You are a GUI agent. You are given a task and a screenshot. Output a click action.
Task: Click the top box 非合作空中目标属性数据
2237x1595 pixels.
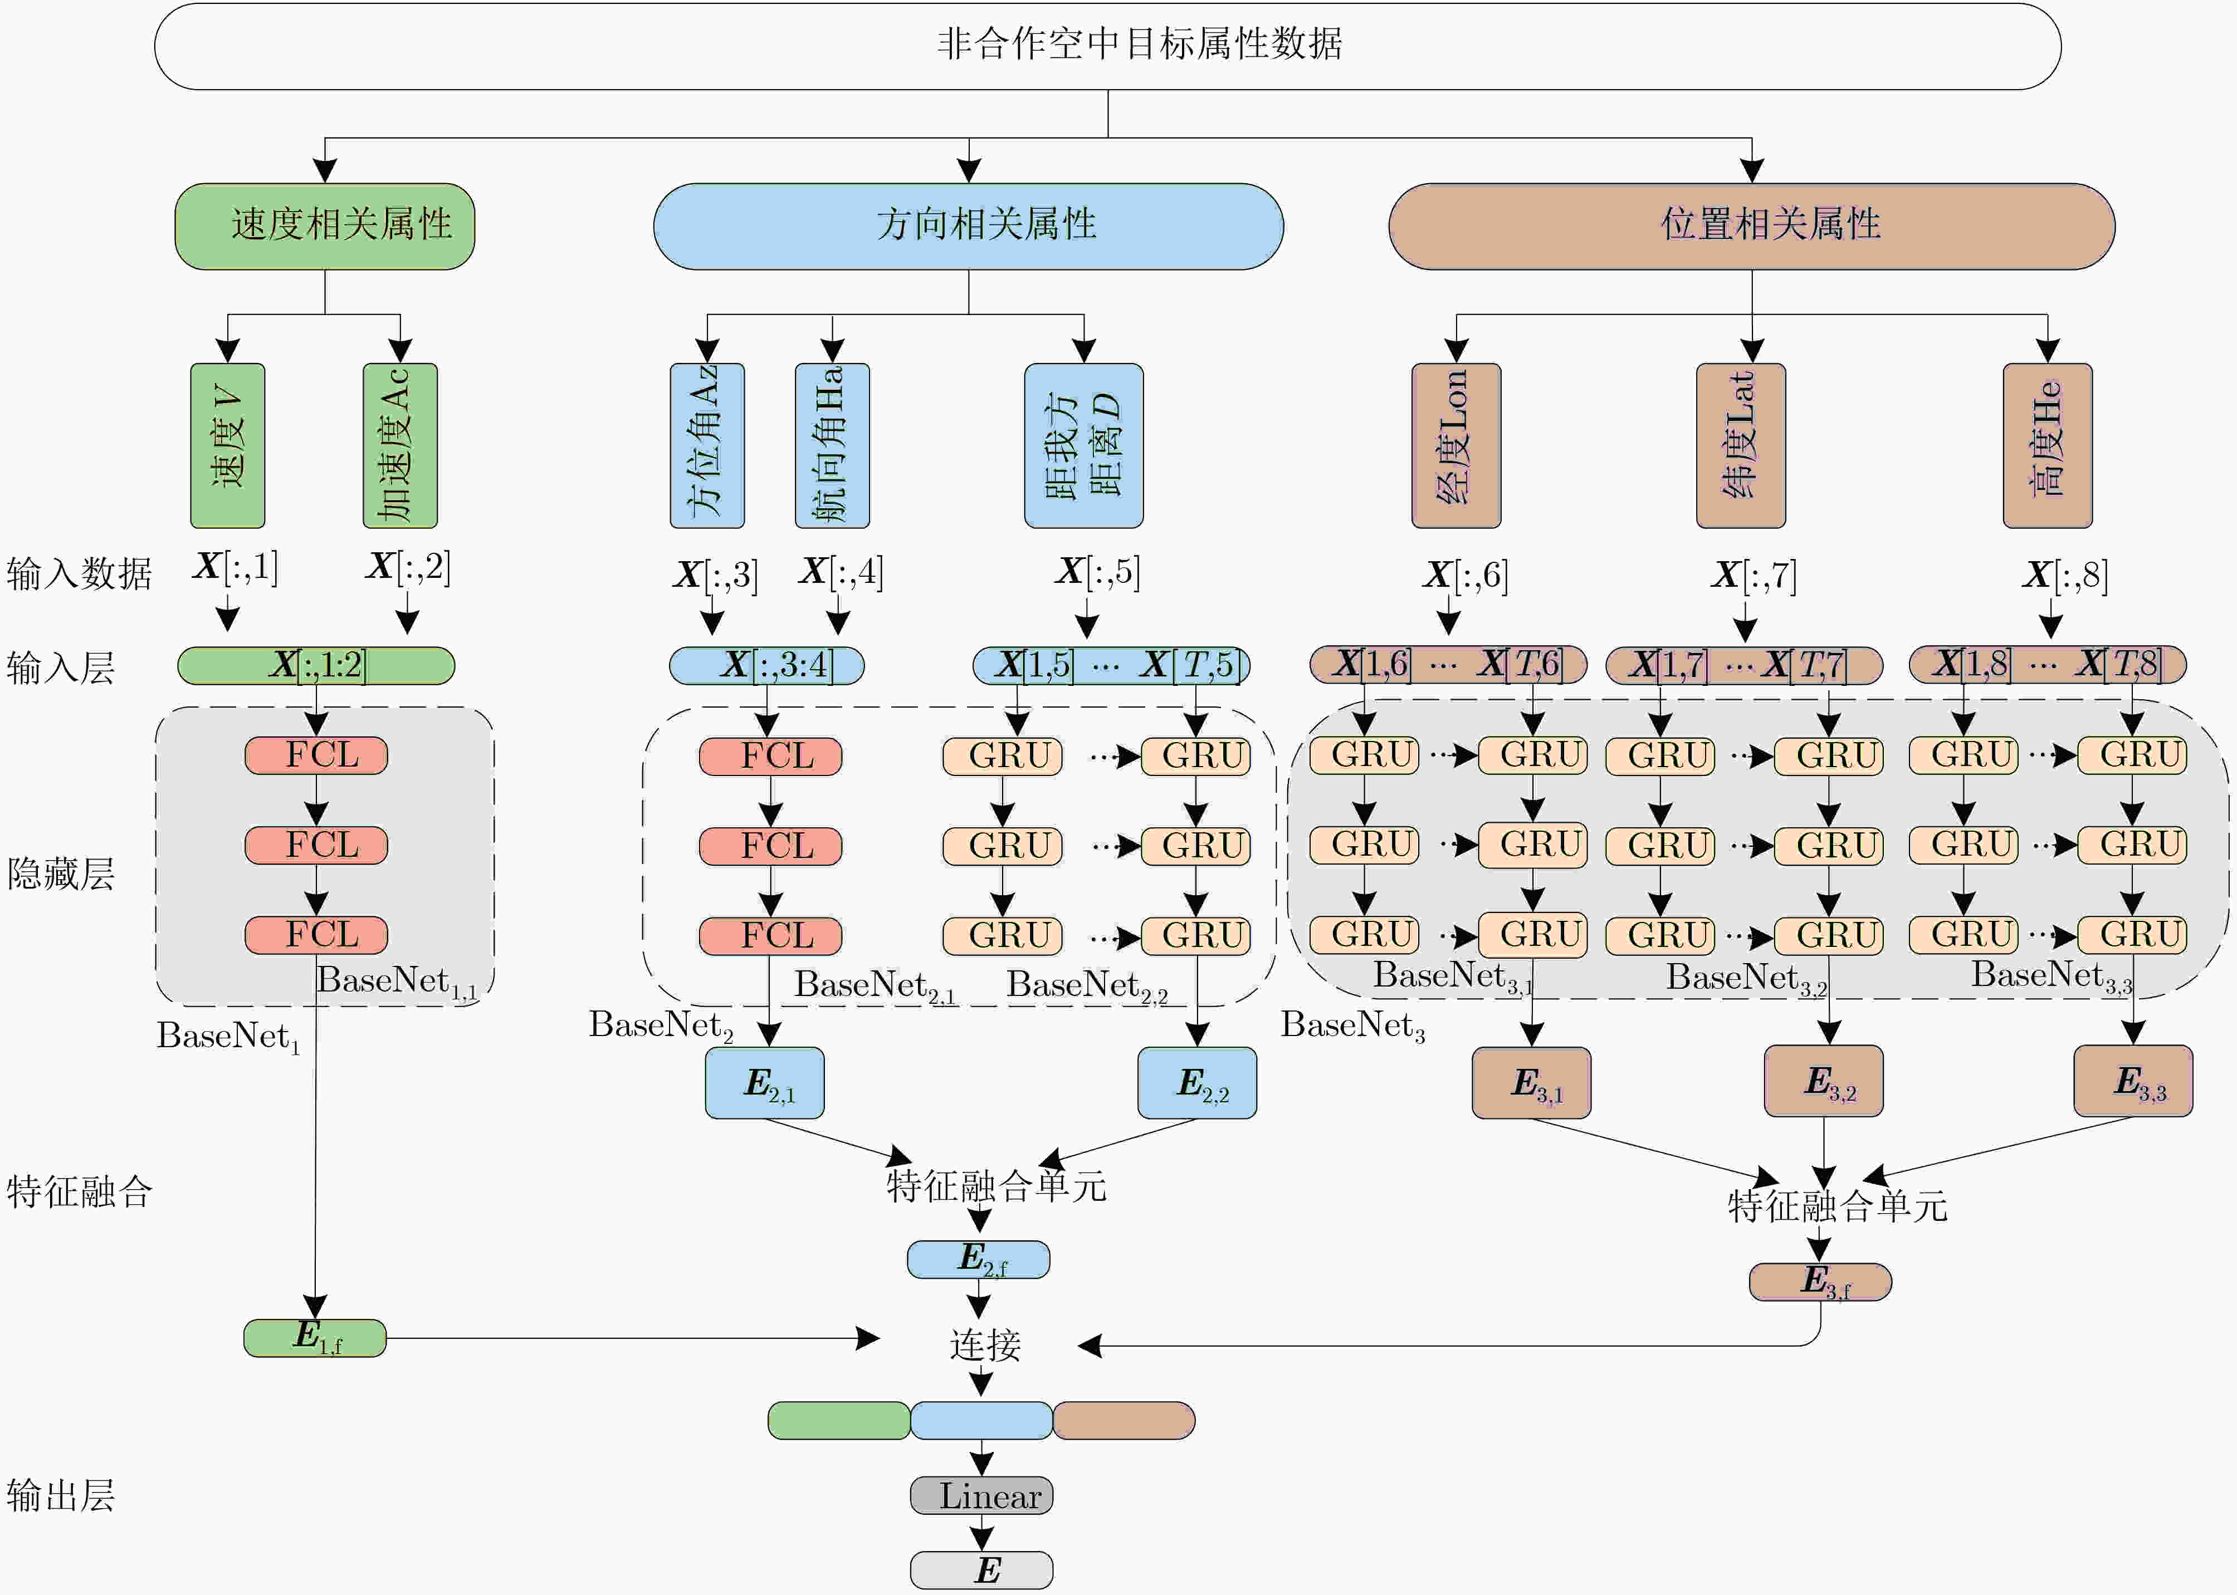click(x=1107, y=46)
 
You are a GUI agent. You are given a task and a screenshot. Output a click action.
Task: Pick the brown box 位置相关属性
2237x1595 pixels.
click(x=1752, y=226)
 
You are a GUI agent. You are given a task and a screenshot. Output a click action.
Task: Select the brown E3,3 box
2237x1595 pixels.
click(x=2133, y=1081)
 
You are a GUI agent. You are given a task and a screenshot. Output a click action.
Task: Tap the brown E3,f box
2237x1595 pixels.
click(x=1820, y=1282)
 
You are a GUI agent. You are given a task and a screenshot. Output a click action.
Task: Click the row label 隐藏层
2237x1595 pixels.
click(x=61, y=873)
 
